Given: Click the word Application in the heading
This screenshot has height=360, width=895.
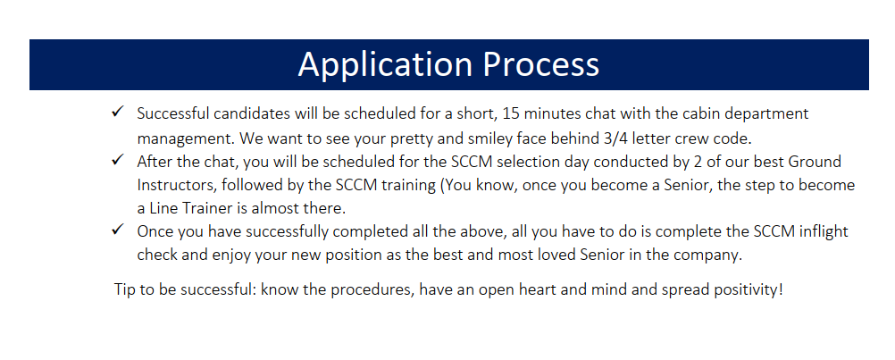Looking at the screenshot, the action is tap(385, 65).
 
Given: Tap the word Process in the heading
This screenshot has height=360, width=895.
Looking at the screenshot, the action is tap(541, 63).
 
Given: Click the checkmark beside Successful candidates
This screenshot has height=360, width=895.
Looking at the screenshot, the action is tap(118, 112).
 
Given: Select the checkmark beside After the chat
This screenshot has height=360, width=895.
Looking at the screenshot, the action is tap(118, 160).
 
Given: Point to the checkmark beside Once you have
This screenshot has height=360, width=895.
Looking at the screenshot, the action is tap(118, 230).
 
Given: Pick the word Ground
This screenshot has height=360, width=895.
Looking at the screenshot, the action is tap(815, 162).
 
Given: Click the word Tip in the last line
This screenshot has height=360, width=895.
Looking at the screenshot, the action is tap(124, 289).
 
